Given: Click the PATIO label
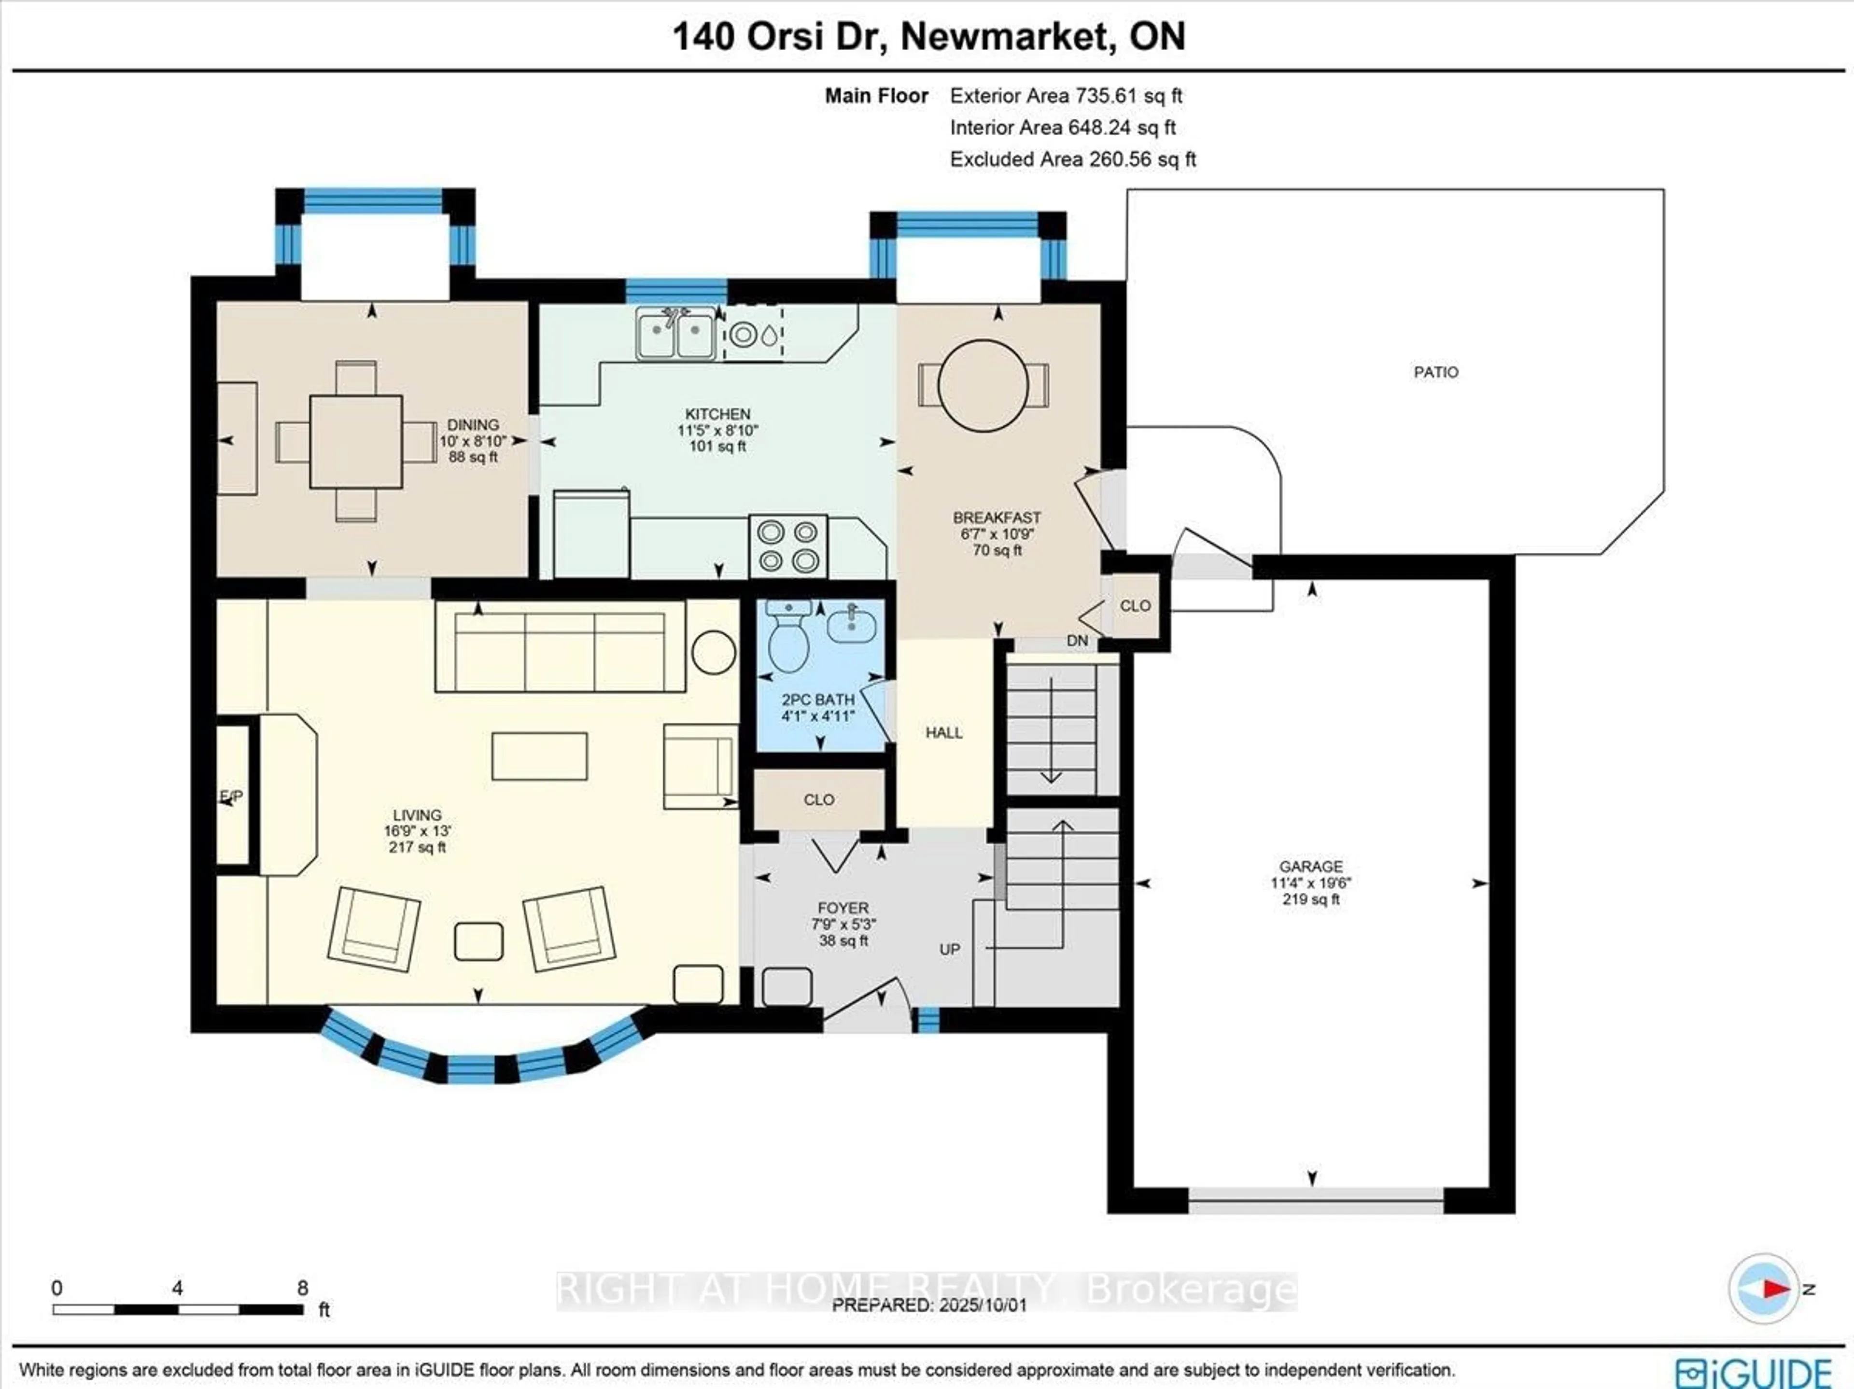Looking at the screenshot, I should click(x=1436, y=372).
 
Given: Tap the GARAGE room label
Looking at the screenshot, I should click(x=1311, y=867).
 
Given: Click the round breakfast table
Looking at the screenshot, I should click(x=983, y=386).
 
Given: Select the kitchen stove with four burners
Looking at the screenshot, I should click(x=788, y=546).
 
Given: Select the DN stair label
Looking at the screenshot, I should click(x=1077, y=641).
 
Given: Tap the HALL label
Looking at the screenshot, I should click(x=944, y=733).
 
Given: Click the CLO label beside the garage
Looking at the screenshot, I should click(x=1135, y=606).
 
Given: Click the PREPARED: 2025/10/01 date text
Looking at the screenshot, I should click(x=928, y=1305).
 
